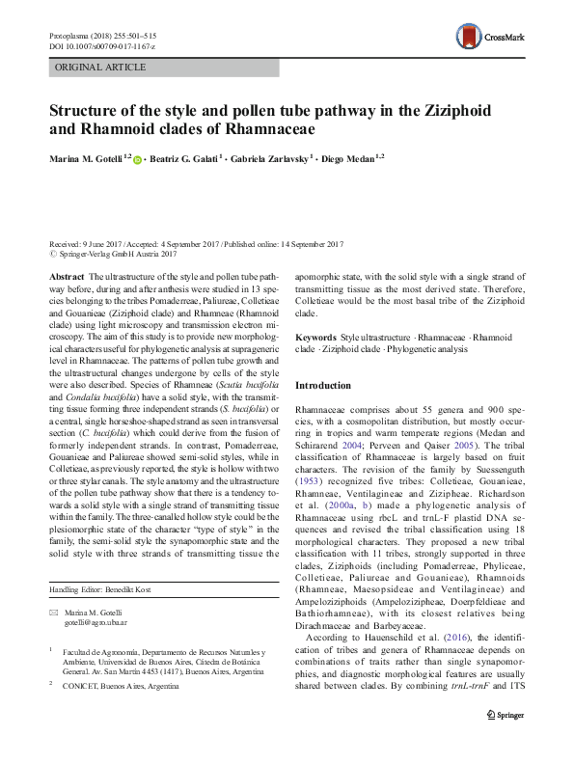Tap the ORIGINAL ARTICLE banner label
click(x=101, y=68)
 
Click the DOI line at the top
click(x=100, y=46)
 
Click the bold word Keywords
click(x=315, y=337)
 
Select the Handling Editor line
click(x=99, y=589)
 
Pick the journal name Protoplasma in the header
click(x=72, y=35)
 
